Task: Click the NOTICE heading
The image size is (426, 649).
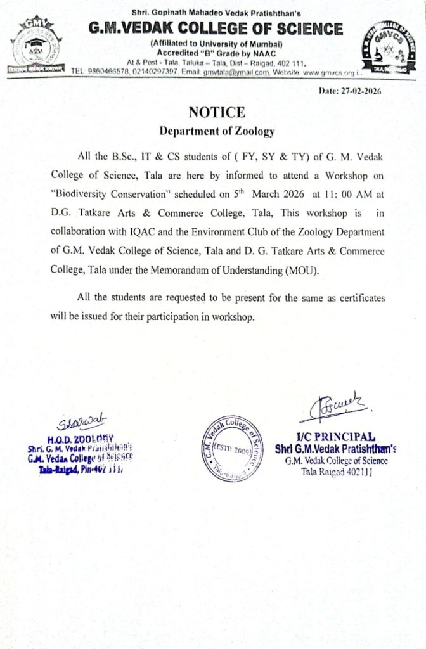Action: click(x=216, y=112)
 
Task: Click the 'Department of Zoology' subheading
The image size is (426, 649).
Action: click(x=217, y=131)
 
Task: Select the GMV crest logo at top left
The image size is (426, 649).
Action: click(x=35, y=48)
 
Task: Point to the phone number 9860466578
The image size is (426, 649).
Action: click(x=108, y=72)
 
